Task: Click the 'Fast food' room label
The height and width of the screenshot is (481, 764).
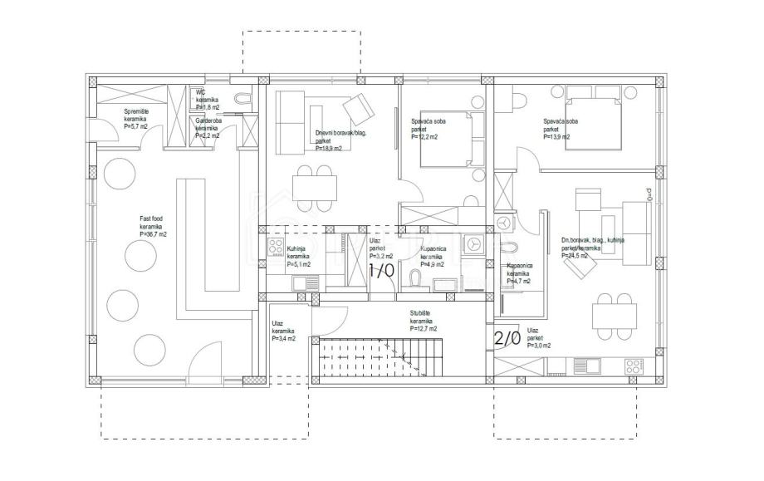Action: (x=149, y=218)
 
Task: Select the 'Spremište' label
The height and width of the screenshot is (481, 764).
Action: (x=136, y=111)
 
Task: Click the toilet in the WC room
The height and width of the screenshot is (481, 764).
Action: (x=242, y=100)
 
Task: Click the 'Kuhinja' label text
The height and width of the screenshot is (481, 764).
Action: (x=297, y=248)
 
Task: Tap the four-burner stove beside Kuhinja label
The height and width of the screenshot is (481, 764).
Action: (x=274, y=246)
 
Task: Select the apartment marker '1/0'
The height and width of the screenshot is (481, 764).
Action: (x=380, y=271)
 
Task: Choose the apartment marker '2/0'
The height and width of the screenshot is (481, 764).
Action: (x=507, y=338)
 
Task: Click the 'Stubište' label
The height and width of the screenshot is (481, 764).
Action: (x=419, y=313)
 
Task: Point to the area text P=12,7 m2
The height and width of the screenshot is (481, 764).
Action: (x=423, y=329)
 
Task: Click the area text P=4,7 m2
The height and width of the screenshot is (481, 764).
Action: (x=518, y=282)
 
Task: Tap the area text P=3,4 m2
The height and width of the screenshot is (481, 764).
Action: (x=282, y=339)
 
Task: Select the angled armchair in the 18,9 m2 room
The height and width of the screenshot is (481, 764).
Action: (x=359, y=107)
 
